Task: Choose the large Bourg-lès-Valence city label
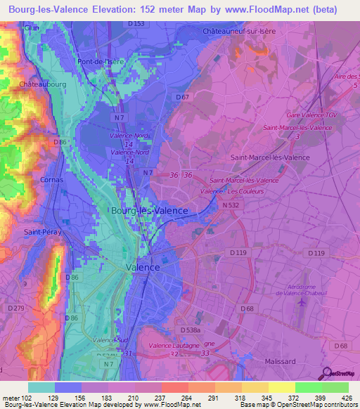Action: [x=149, y=210]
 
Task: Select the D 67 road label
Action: [x=184, y=97]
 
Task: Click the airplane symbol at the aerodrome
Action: [x=303, y=302]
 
